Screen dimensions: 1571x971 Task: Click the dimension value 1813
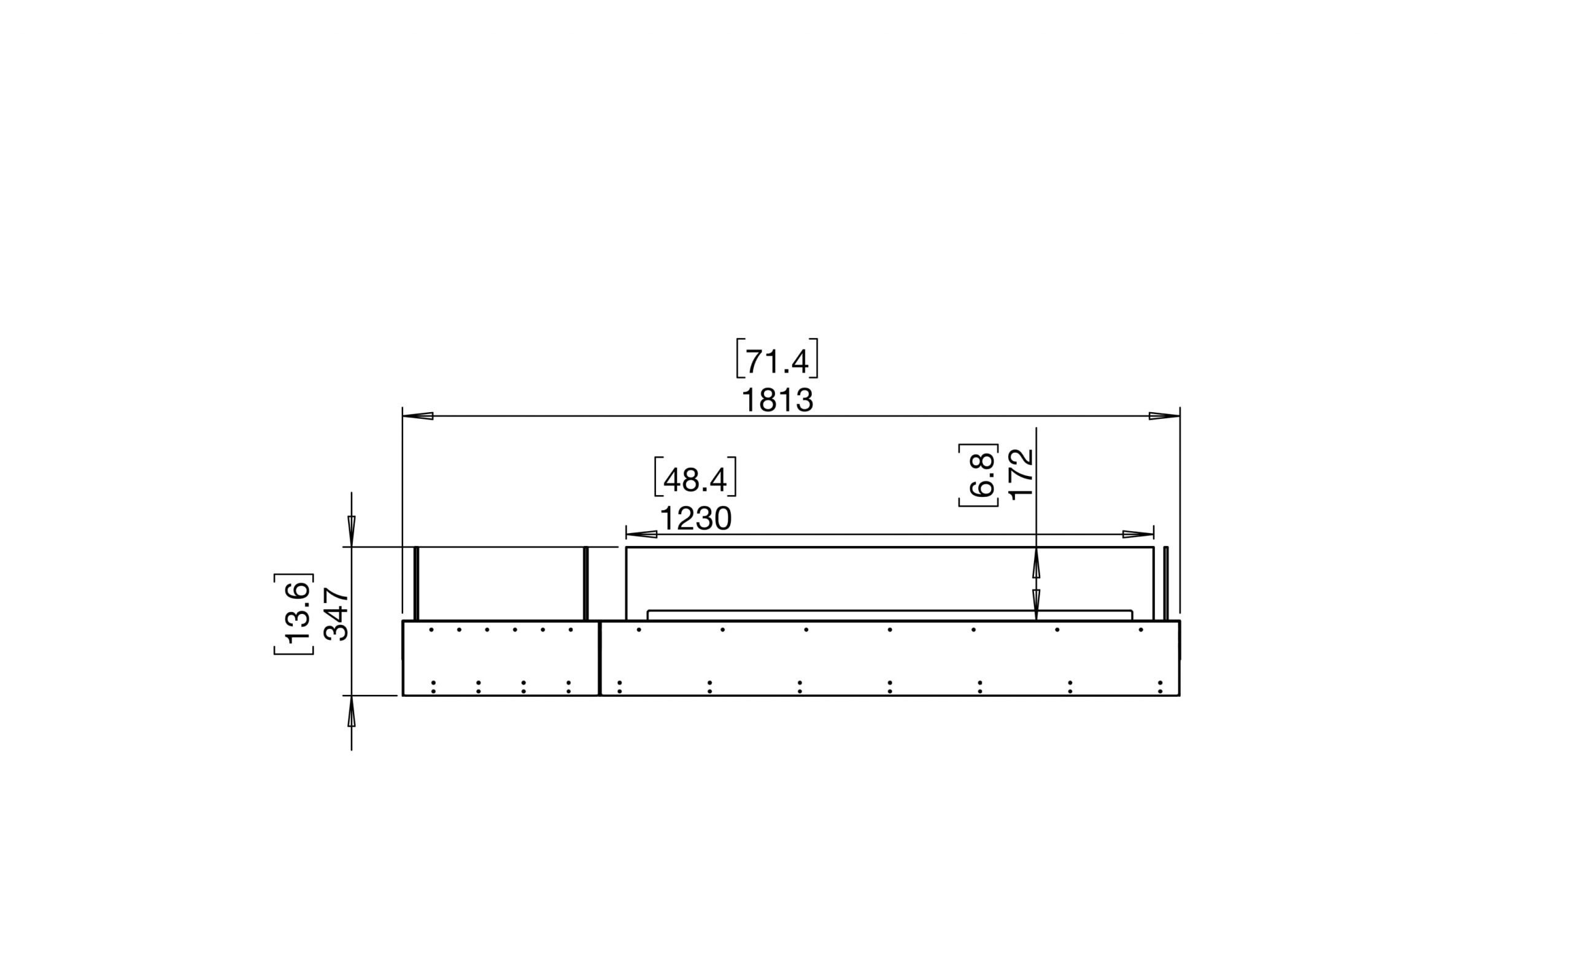coord(778,401)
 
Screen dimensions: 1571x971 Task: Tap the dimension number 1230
coord(696,519)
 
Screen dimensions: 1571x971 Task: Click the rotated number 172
coord(1021,474)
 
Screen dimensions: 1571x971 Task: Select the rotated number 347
coord(336,614)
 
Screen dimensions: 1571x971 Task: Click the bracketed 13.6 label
coord(296,614)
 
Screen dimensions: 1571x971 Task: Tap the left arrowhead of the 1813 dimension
coord(418,416)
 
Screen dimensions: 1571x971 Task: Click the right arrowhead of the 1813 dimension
coord(1164,416)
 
